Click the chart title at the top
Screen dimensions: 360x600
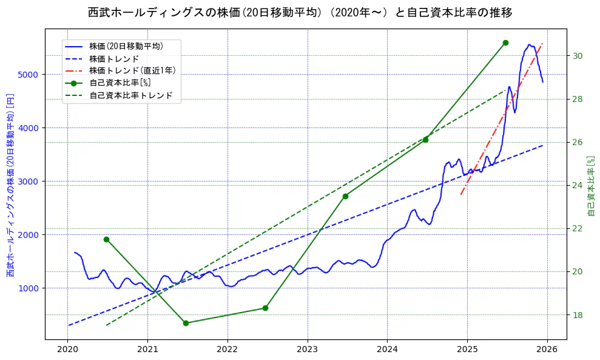coord(300,12)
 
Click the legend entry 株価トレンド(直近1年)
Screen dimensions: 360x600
coord(132,70)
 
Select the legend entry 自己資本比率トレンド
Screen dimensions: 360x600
coord(130,95)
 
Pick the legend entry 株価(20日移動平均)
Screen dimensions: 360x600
coord(126,46)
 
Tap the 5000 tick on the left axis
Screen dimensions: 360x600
coord(30,75)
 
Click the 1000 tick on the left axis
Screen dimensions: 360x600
coord(30,288)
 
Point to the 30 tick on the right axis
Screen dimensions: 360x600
coord(578,56)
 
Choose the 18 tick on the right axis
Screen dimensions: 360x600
coord(578,314)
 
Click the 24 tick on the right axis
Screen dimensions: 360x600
coord(578,185)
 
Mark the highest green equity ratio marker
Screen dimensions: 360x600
coord(505,42)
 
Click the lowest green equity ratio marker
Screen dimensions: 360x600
coord(186,323)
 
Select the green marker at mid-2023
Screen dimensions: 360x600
coord(345,196)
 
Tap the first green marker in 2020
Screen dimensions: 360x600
coord(106,239)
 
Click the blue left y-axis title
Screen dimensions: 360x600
coord(10,185)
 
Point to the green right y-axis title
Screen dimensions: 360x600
coord(592,185)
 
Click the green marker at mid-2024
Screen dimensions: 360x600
coord(425,140)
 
